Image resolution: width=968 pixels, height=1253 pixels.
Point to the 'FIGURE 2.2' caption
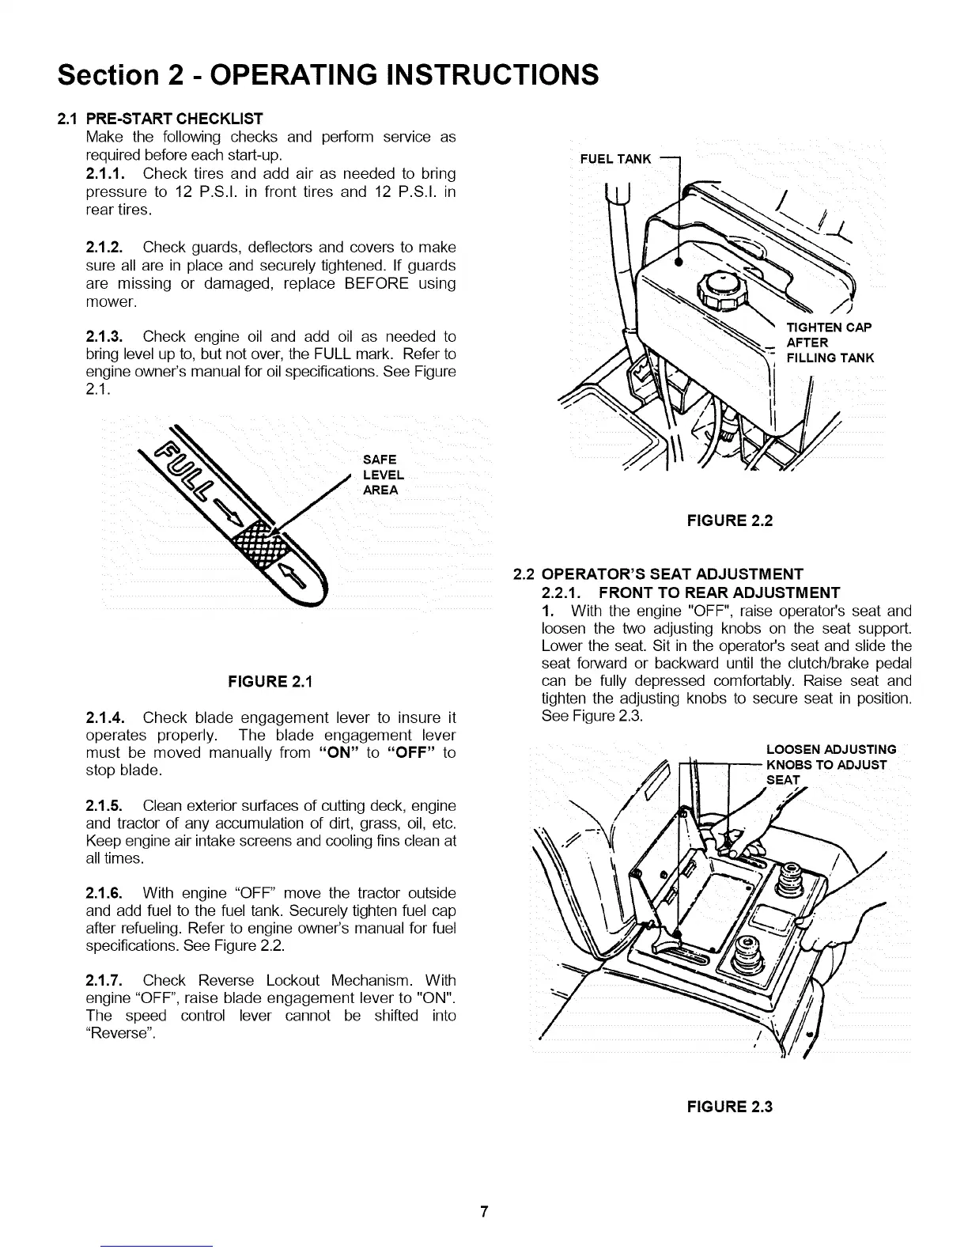[729, 520]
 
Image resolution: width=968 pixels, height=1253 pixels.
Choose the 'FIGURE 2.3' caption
[729, 1106]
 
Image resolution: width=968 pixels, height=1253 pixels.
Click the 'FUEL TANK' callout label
[615, 159]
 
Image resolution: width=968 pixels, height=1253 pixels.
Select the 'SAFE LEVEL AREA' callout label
[383, 475]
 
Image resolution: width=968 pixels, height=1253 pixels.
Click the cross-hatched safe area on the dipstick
[255, 542]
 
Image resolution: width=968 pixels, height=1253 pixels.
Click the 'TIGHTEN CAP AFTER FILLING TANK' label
[828, 343]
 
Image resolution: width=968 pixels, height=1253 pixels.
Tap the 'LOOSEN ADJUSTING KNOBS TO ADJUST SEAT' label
[831, 764]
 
